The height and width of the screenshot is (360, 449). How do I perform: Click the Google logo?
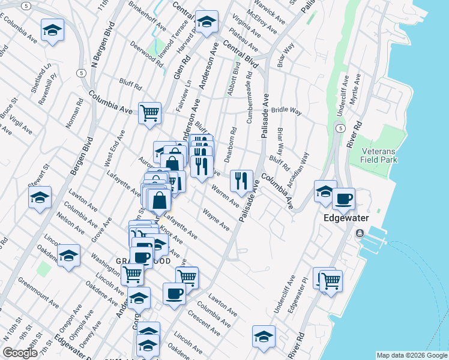(x=20, y=353)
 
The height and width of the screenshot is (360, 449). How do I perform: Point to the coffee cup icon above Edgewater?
(x=343, y=199)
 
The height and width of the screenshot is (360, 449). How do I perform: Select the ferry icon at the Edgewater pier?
(x=359, y=233)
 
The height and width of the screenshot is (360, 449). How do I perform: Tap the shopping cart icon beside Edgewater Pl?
(x=330, y=280)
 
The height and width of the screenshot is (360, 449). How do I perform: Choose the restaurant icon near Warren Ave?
(x=241, y=179)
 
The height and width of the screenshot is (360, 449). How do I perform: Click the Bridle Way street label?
(x=286, y=110)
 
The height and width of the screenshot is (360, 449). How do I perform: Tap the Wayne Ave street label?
(x=216, y=220)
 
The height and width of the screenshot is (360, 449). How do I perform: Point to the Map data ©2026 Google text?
(x=412, y=355)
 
